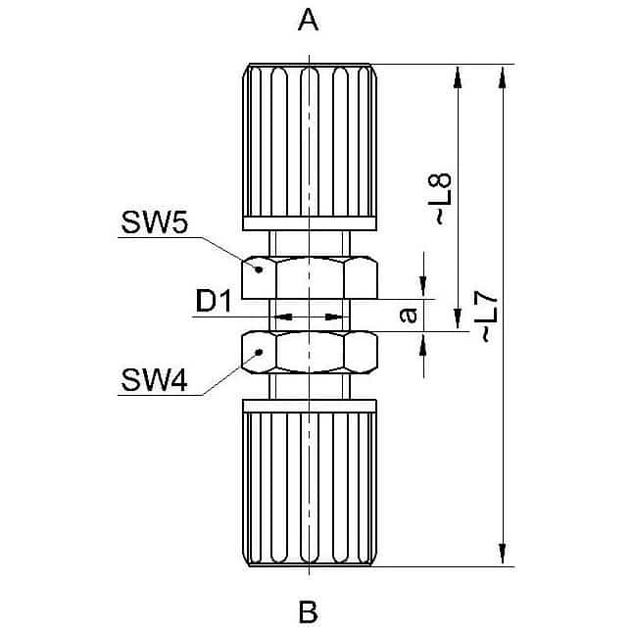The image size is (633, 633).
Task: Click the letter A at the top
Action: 308,21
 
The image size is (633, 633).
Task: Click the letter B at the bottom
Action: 308,612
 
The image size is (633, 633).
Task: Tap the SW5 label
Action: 154,222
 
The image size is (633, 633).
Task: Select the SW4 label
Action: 154,380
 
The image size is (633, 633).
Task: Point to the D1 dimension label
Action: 214,301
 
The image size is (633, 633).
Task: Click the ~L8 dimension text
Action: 440,199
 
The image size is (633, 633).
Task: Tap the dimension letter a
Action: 409,315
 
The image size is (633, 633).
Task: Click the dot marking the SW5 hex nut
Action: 260,269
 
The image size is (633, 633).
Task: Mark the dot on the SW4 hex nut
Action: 260,353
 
